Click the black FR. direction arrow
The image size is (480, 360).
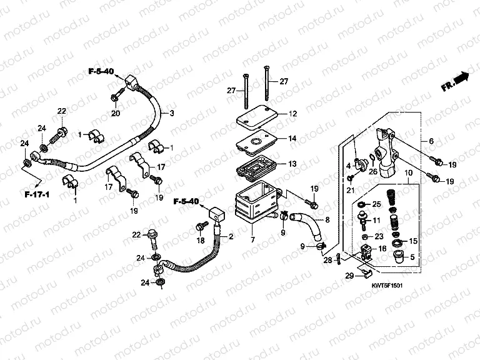(461, 79)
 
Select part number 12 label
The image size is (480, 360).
(292, 114)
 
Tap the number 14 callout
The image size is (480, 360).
(292, 139)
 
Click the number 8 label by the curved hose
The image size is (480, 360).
(326, 220)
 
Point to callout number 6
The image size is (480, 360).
(431, 141)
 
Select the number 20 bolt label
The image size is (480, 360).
(116, 113)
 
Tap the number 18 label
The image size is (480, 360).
(200, 240)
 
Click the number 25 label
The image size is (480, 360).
(377, 204)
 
